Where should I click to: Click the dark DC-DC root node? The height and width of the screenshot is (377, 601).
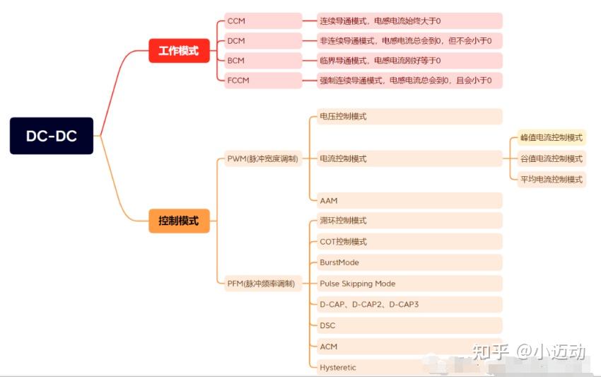(52, 136)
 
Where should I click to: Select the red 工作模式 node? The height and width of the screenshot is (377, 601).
(179, 51)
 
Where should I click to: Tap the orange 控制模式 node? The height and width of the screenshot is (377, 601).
(179, 221)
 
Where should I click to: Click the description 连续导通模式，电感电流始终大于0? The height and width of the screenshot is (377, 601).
(402, 21)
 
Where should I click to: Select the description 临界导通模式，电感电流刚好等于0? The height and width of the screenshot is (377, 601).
(402, 61)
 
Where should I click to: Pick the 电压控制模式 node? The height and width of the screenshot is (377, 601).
(406, 117)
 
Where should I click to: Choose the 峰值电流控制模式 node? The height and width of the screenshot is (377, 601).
(552, 138)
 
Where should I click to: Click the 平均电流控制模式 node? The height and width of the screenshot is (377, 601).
(552, 179)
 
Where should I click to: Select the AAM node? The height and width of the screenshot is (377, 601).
(406, 201)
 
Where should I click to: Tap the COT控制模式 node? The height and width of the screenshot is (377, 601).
(406, 242)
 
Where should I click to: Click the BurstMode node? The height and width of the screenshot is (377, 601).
(406, 262)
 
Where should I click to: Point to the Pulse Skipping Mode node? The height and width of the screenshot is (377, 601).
(406, 284)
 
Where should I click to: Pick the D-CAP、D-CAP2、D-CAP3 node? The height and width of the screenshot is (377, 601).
(406, 304)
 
